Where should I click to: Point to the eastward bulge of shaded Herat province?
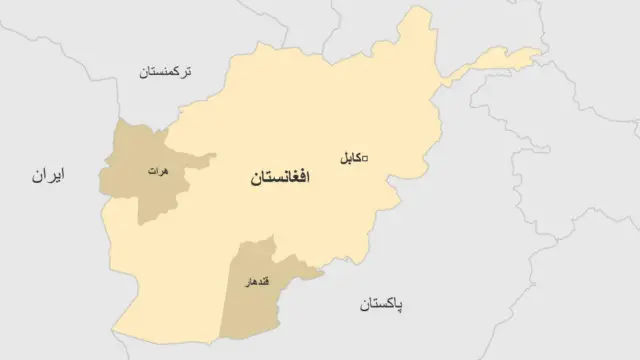pyautogui.click(x=214, y=155)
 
